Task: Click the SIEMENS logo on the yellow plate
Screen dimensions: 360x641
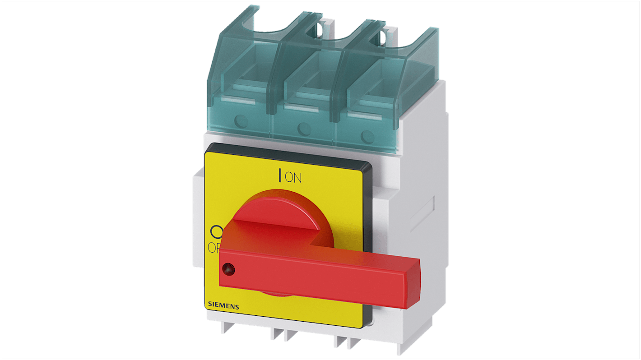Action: pos(223,306)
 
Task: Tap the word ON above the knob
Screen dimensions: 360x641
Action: pos(293,178)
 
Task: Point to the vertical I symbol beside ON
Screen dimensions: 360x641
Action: pos(281,175)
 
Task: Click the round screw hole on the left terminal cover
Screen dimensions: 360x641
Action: pos(240,121)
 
